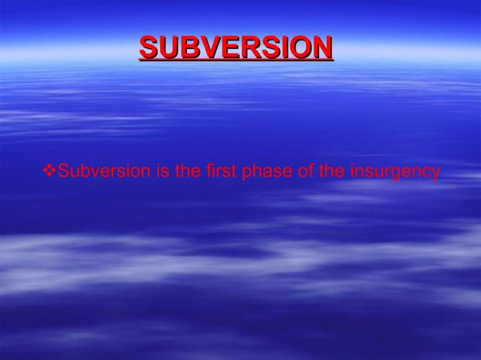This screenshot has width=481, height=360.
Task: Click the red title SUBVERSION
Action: pyautogui.click(x=235, y=47)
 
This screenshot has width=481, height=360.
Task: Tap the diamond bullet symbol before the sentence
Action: pyautogui.click(x=51, y=172)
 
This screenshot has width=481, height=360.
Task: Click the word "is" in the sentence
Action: pyautogui.click(x=161, y=172)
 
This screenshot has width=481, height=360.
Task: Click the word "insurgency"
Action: pyautogui.click(x=394, y=172)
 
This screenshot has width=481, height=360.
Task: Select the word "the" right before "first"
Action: pyautogui.click(x=186, y=172)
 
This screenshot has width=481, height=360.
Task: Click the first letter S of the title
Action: pyautogui.click(x=148, y=47)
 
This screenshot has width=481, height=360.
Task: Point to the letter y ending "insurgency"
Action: pyautogui.click(x=435, y=173)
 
